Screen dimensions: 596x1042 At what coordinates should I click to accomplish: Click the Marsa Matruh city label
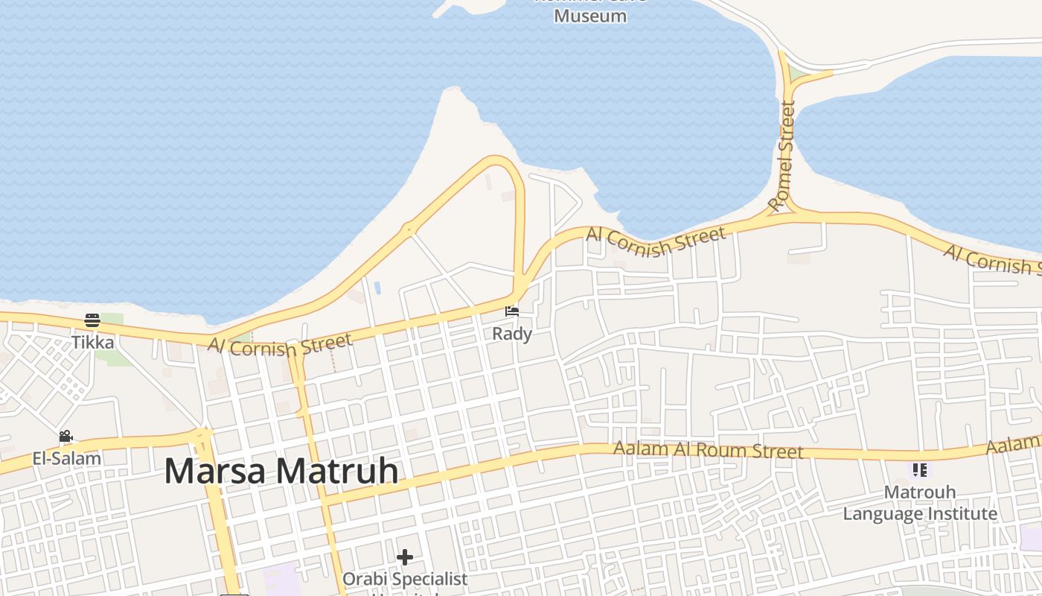coord(281,472)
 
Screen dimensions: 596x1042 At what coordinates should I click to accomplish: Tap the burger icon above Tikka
coord(92,320)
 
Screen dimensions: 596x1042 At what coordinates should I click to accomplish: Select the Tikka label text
coord(93,342)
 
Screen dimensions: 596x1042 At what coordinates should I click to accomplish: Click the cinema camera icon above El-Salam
coord(65,436)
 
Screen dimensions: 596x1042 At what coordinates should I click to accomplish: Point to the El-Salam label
coord(66,458)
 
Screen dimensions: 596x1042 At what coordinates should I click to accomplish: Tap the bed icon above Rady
coord(511,311)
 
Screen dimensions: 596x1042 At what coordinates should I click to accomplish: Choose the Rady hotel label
coord(512,333)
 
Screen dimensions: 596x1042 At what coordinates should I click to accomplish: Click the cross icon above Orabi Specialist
coord(405,557)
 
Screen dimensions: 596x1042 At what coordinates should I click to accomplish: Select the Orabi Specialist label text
coord(405,579)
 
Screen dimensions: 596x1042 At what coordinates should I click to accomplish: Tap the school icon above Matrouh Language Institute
coord(920,470)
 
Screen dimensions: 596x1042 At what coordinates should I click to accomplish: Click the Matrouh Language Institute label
coord(920,503)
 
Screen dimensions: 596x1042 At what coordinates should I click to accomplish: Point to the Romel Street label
coord(782,156)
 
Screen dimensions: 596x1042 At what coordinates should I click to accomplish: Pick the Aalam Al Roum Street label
coord(708,450)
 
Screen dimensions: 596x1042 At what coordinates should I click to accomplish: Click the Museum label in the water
coord(590,16)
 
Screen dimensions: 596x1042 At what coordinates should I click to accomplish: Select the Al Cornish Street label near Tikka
coord(280,345)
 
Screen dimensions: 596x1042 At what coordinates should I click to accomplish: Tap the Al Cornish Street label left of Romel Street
coord(656,241)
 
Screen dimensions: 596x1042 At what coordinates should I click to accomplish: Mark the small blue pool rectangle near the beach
coord(377,287)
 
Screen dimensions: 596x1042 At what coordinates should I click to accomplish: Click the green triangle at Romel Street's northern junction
coord(797,74)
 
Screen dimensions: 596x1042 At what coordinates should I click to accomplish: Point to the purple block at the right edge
coord(1032,537)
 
